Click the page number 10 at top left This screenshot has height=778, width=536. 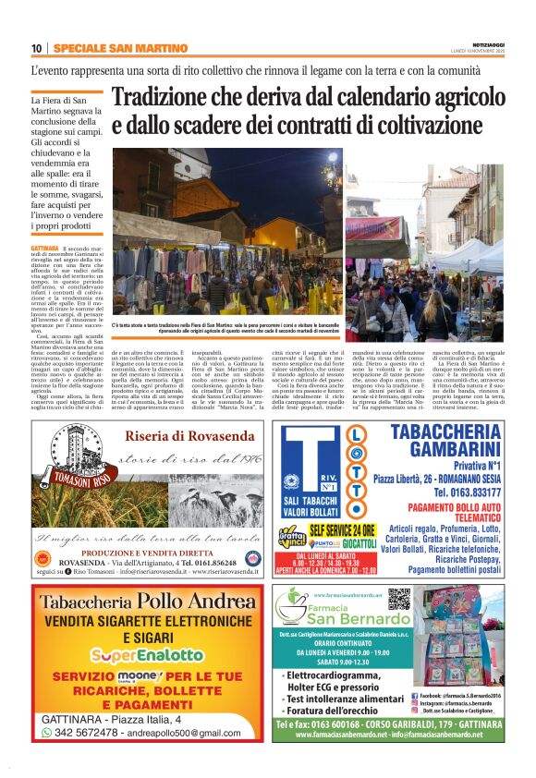tap(36, 48)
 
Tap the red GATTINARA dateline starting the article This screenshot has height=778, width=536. tap(43, 249)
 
